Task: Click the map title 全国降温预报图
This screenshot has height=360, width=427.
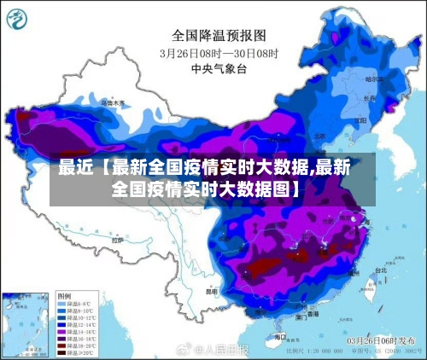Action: pyautogui.click(x=219, y=36)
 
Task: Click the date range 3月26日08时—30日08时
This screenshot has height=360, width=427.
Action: pyautogui.click(x=219, y=52)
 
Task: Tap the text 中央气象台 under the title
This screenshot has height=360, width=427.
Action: pyautogui.click(x=219, y=67)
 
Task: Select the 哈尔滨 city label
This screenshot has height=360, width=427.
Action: pyautogui.click(x=373, y=78)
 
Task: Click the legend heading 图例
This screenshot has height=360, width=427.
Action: pyautogui.click(x=64, y=294)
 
